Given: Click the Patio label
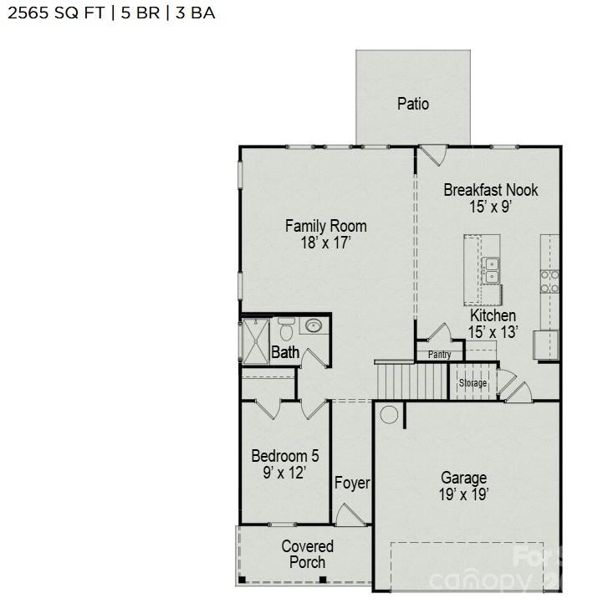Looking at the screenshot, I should coord(412,104).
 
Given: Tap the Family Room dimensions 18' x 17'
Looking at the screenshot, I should coord(325,243).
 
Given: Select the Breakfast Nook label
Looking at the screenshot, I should coord(490,190).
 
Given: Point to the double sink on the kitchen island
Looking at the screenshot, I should coord(492,269).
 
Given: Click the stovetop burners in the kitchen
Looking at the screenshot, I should coord(549,281).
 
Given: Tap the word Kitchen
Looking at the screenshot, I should coord(493,315).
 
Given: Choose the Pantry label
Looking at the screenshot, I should coord(440,355).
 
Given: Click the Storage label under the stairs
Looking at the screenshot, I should coord(473,383).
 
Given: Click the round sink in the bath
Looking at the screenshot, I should coord(314,325).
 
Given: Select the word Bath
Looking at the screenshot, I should coord(285,353).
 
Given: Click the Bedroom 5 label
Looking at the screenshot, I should coord(284,457).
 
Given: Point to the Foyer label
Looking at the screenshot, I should coord(352,484).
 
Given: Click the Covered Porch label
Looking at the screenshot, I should coord(307,554).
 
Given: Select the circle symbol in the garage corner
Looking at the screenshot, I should coord(389,414).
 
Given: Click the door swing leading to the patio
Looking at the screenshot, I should coord(432,156).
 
